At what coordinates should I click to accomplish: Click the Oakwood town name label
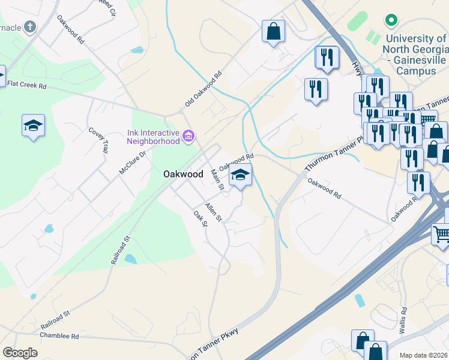[183, 173]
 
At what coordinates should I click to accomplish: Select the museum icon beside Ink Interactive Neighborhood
[188, 136]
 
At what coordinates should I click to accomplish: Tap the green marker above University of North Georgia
[391, 21]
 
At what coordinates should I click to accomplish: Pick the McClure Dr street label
[133, 163]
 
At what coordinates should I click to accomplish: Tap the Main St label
[217, 180]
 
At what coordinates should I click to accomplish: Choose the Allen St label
[213, 212]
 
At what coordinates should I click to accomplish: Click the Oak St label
[200, 218]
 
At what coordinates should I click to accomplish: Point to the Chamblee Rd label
[59, 337]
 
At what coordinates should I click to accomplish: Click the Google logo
[20, 353]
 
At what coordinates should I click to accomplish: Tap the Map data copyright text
[424, 355]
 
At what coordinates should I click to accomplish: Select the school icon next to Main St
[240, 175]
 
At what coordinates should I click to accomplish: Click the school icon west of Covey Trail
[33, 125]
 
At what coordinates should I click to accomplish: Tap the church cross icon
[31, 27]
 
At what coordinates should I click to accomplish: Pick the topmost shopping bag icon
[273, 31]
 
